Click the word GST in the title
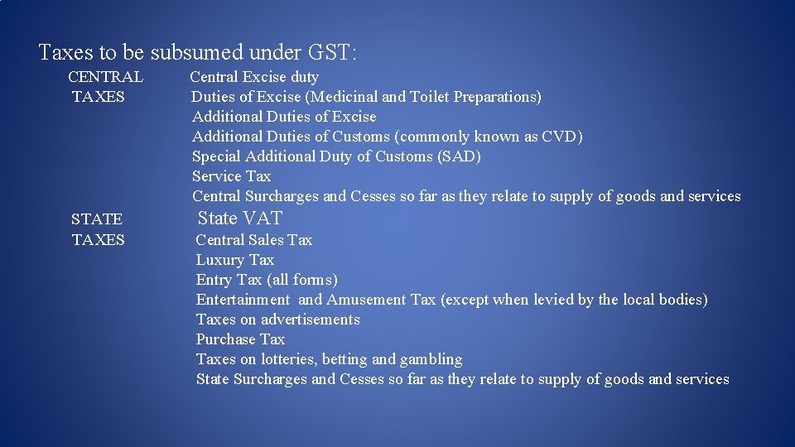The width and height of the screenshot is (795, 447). tap(332, 53)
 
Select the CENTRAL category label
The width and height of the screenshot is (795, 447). tap(105, 77)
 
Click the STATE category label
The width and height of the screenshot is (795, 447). tap(97, 219)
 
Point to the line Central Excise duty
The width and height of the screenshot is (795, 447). tap(254, 77)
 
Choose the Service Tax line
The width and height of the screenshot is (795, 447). tap(231, 176)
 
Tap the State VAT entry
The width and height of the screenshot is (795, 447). tap(240, 219)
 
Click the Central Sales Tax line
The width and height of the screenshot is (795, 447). tap(253, 240)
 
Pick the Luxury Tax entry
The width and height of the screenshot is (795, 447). tap(234, 260)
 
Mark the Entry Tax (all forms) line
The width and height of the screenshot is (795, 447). tap(267, 280)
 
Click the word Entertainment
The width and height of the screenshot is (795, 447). tap(243, 300)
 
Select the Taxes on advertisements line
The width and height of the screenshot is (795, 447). tap(277, 320)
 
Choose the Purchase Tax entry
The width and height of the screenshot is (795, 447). tap(240, 339)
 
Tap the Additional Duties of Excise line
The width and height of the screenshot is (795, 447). tap(284, 117)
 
